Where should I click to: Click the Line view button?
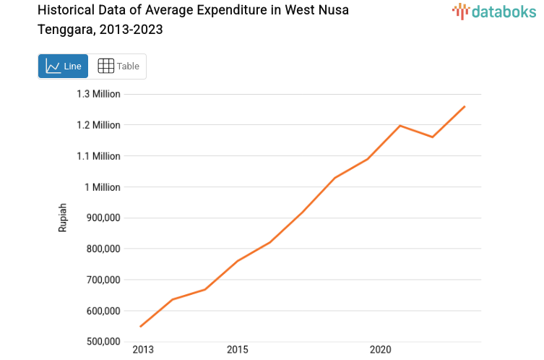[63, 66]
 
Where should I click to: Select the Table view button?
[118, 66]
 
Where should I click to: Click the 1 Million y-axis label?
[103, 187]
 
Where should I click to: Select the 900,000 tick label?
[101, 218]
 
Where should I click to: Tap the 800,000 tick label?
[101, 249]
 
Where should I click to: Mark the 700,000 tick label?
[101, 280]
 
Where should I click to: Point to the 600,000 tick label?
[101, 311]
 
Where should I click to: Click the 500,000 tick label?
[101, 342]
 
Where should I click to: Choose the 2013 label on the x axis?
[143, 350]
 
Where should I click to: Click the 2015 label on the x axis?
[237, 350]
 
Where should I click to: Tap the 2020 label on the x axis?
[380, 350]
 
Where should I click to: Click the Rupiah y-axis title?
[63, 218]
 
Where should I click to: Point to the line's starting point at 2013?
[140, 327]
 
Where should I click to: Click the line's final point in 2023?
[465, 106]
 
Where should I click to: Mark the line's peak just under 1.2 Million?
[400, 126]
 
